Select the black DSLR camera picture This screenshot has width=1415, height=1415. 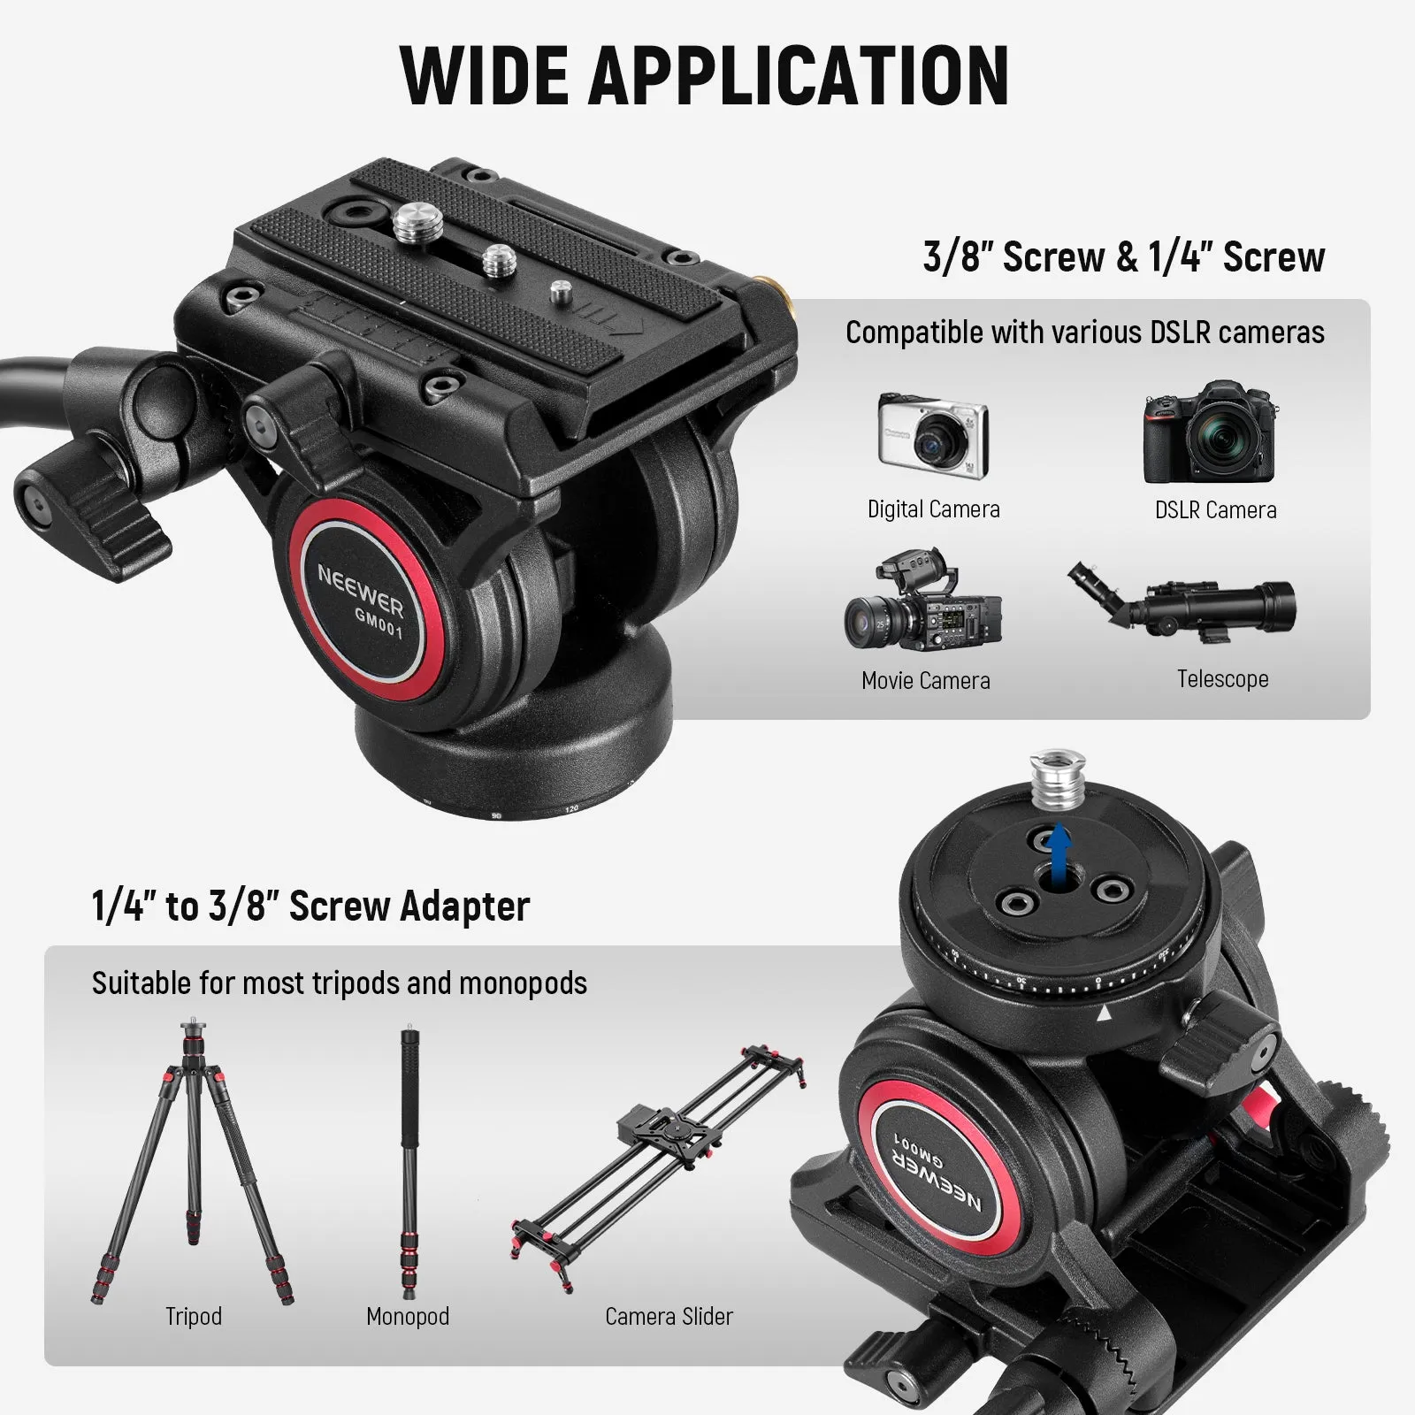(x=1211, y=433)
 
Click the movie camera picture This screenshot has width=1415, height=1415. (x=922, y=601)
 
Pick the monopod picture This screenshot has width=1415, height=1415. (x=409, y=1159)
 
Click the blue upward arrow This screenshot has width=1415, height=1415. (x=1058, y=849)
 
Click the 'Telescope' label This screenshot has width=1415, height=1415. (x=1222, y=679)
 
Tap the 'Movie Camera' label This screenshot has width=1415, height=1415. (x=925, y=680)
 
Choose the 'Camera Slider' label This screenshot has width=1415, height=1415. (x=669, y=1316)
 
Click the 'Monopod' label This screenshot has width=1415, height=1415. (x=408, y=1316)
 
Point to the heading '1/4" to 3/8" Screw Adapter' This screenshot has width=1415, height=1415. (x=310, y=906)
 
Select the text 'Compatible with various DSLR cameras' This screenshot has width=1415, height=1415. (x=1084, y=333)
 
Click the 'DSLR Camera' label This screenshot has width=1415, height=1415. (x=1215, y=509)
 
